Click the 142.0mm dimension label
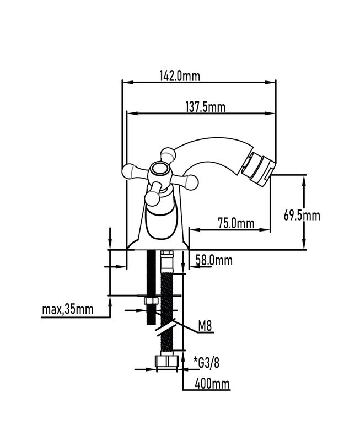[180, 76]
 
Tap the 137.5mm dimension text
[205, 107]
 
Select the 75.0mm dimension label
[237, 224]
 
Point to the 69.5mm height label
[302, 216]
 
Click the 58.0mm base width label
[214, 260]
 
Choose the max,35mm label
[67, 309]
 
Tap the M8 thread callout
[205, 326]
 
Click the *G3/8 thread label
[206, 363]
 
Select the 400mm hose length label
[212, 383]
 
